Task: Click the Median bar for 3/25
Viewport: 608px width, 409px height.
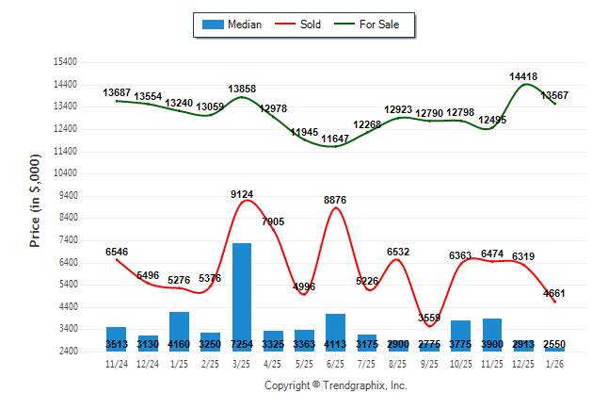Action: point(242,297)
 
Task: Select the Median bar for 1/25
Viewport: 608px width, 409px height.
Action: point(179,331)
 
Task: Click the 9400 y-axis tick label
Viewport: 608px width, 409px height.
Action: point(67,196)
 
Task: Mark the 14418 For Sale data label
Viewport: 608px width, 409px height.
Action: point(523,75)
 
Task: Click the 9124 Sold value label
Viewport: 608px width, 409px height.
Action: point(242,194)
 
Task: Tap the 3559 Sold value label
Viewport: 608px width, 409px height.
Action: point(429,318)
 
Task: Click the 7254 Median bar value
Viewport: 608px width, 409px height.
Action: point(242,345)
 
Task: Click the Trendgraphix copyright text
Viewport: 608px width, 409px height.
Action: point(335,385)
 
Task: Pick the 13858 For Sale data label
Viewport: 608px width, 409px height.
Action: point(242,89)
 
